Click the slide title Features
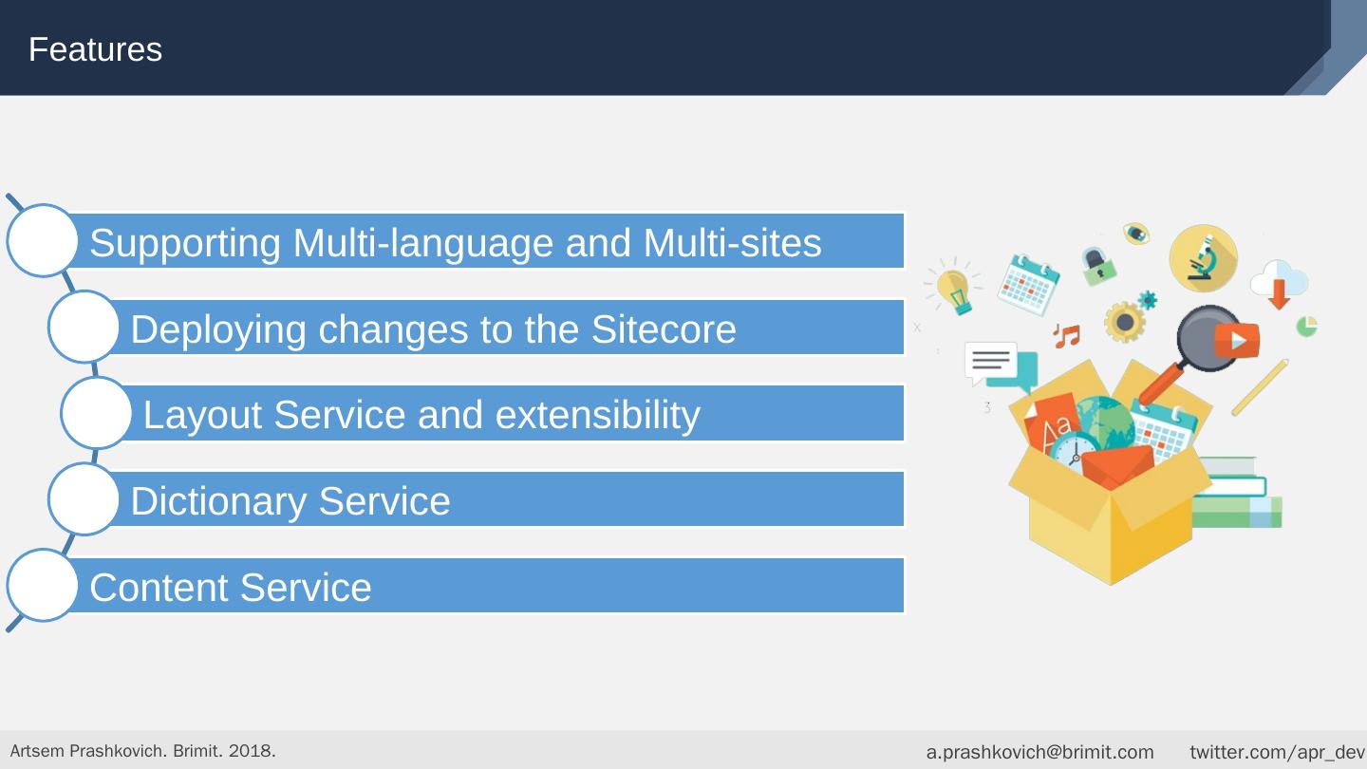tap(95, 49)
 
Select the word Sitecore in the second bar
tap(664, 329)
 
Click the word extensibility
tap(597, 416)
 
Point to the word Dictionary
tap(218, 501)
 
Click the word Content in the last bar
tap(159, 588)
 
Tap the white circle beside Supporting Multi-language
tap(42, 240)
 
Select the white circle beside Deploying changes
tap(84, 327)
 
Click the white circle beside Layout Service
tap(97, 413)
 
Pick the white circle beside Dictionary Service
tap(84, 498)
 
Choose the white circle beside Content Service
tap(42, 585)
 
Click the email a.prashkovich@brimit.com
tap(1039, 752)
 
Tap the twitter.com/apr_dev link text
tap(1278, 752)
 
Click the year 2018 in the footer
tap(251, 751)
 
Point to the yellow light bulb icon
tap(953, 291)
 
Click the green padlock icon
tap(1099, 266)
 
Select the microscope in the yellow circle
tap(1203, 258)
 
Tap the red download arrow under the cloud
tap(1279, 294)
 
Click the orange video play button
tap(1237, 340)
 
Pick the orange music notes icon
tap(1067, 336)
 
